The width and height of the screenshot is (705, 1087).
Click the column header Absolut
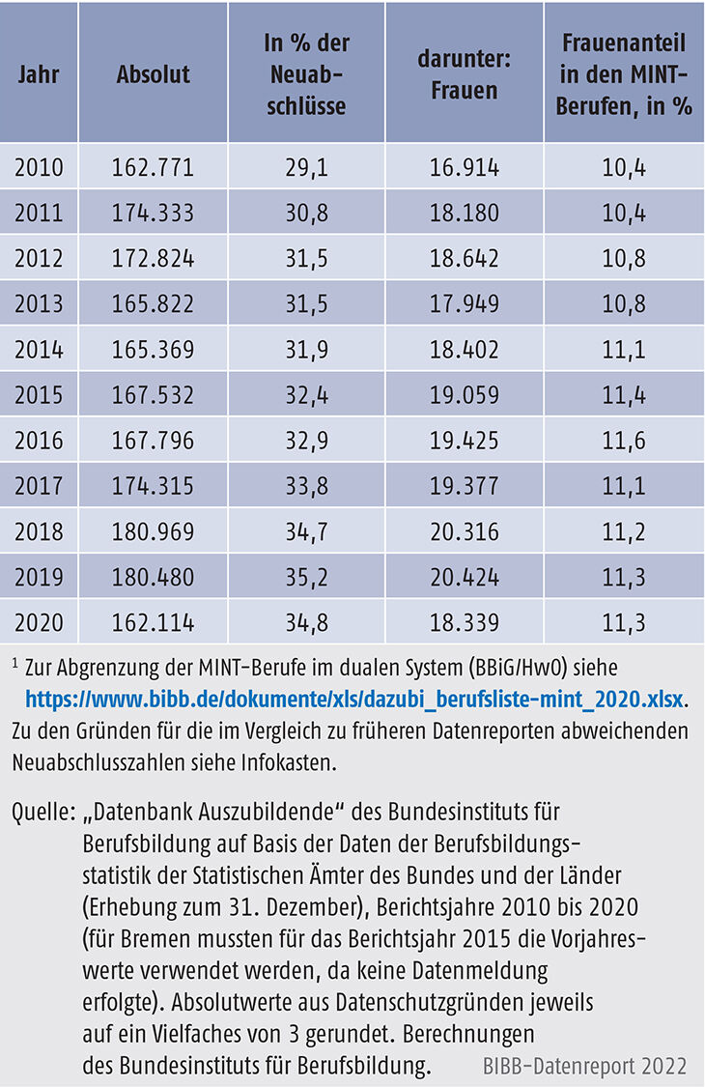pos(153,74)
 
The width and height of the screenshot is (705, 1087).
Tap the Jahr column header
pos(39,74)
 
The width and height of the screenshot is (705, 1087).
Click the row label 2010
pos(39,167)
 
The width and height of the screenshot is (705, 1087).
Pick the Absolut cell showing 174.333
pos(155,213)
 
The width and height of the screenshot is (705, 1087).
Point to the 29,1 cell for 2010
pos(305,167)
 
